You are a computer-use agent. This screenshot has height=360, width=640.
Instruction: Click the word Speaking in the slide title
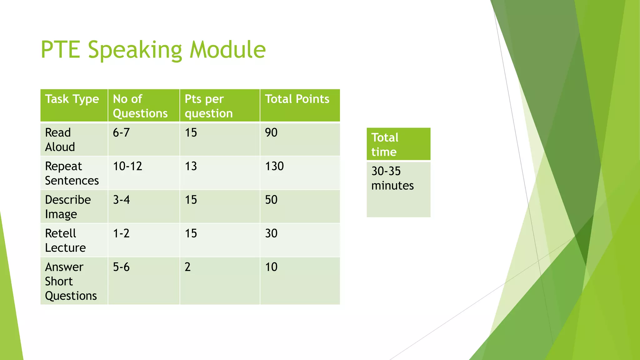(135, 50)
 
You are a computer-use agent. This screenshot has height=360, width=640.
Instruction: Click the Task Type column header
(72, 99)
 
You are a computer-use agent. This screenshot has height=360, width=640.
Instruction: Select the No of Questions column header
(140, 106)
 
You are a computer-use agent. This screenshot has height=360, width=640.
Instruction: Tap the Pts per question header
(208, 106)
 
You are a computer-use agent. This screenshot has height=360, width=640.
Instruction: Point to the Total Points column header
(297, 99)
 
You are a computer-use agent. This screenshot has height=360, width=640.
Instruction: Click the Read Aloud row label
(60, 140)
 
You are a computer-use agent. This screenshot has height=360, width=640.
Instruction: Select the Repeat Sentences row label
(72, 173)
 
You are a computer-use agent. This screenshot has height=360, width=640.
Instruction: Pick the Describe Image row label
(67, 207)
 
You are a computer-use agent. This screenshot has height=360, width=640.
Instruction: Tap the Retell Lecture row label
(65, 240)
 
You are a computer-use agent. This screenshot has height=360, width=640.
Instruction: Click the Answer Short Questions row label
(71, 281)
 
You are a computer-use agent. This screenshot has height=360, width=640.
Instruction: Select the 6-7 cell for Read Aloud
(121, 133)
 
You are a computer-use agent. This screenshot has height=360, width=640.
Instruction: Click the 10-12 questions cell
(127, 166)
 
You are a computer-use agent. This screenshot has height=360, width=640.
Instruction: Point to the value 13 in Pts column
(191, 166)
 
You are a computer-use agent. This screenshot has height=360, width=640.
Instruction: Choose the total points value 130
(274, 166)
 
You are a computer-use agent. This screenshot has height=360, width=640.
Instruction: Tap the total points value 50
(271, 200)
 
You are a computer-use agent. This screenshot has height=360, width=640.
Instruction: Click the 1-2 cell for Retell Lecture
(121, 233)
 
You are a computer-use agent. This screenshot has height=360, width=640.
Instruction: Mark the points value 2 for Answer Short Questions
(187, 267)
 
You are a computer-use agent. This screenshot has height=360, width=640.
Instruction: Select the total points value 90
(271, 133)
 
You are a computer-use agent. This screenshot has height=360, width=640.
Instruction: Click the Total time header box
(398, 144)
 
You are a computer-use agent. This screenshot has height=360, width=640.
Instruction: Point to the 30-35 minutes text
(392, 178)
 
